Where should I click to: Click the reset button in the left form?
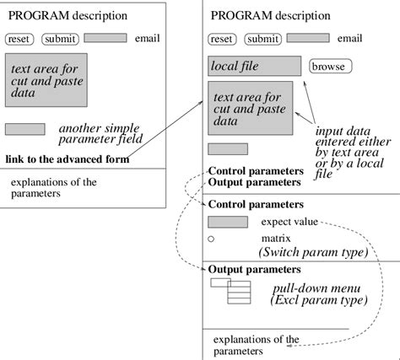tap(20, 39)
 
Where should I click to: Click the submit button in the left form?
tap(60, 39)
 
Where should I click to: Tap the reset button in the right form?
tap(222, 39)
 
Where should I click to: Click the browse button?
tap(331, 67)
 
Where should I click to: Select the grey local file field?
tap(254, 66)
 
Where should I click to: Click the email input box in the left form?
tap(105, 38)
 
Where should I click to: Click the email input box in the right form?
tap(308, 38)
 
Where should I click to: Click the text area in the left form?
tap(46, 81)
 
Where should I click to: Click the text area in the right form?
tap(250, 107)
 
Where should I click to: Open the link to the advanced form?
tap(70, 160)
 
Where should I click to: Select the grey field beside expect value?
tap(227, 222)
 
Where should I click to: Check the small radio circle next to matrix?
tap(211, 240)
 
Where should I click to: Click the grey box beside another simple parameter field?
tap(24, 129)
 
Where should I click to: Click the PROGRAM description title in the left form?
tap(68, 16)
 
